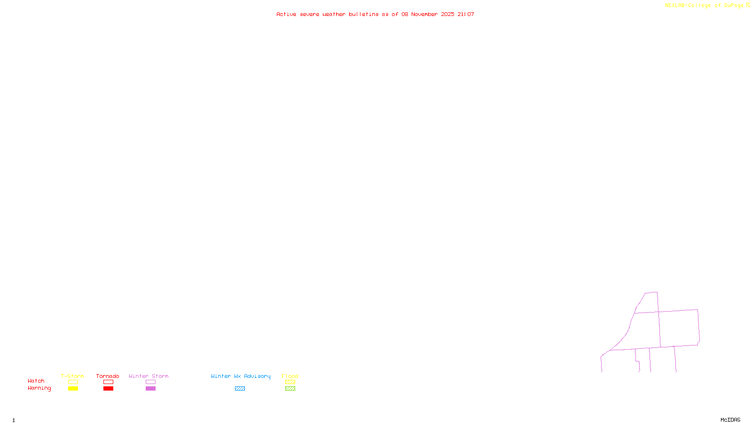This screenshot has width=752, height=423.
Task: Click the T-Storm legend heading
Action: pos(72,376)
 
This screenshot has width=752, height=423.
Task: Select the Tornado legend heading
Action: pos(108,376)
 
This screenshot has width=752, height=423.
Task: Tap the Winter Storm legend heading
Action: pos(149,376)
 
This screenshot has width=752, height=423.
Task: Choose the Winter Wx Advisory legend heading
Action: pos(241,376)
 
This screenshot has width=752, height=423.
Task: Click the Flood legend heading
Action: pos(290,376)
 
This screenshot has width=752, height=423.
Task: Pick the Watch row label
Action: pos(36,381)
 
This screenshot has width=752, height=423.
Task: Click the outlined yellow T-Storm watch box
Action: pos(73,382)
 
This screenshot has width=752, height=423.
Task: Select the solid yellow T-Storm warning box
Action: pos(73,389)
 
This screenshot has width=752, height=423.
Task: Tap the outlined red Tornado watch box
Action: pos(108,382)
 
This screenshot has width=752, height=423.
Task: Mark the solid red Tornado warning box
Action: pos(108,389)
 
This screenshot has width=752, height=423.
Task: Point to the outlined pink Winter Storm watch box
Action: pos(150,382)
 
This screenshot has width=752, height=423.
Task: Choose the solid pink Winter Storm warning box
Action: pos(150,389)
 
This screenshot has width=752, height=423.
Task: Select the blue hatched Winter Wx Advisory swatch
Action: pos(240,389)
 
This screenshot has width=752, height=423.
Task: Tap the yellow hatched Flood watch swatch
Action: pos(290,382)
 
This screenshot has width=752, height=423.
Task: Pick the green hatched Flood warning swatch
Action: pos(290,389)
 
